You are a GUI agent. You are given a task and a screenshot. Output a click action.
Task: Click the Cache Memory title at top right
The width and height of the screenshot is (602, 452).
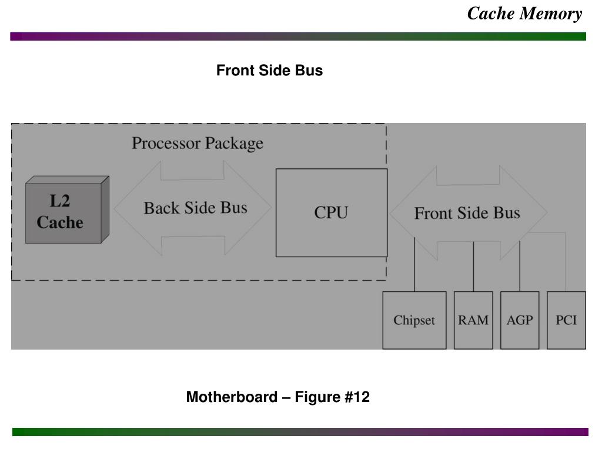point(524,14)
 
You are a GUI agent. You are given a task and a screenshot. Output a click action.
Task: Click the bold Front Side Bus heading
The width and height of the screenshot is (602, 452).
point(269,71)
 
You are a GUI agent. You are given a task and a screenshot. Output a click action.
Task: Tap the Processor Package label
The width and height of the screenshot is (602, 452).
point(198,143)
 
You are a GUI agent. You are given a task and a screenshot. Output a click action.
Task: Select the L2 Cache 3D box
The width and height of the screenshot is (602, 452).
point(63,212)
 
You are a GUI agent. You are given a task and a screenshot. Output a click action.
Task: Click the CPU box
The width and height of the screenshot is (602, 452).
point(332,212)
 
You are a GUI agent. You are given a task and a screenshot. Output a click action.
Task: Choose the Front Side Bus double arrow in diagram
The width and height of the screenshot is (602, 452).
point(467,212)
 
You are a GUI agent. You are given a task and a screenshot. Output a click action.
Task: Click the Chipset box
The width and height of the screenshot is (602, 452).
point(414,320)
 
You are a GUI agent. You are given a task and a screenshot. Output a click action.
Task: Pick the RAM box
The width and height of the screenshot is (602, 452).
point(473,320)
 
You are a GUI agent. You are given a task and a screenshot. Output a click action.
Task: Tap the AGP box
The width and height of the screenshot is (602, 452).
point(520,320)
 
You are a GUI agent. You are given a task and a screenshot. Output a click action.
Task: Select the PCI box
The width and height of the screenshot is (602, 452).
point(566,320)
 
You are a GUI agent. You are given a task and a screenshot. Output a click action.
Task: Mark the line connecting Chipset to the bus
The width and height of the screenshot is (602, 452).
point(414,265)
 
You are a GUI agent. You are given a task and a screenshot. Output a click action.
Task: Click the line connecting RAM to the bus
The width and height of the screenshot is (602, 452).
point(473,268)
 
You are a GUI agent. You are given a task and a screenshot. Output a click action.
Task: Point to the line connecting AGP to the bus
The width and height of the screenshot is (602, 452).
point(520,268)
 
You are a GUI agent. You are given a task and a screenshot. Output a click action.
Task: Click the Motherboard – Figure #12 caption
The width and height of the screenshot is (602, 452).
point(277,397)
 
